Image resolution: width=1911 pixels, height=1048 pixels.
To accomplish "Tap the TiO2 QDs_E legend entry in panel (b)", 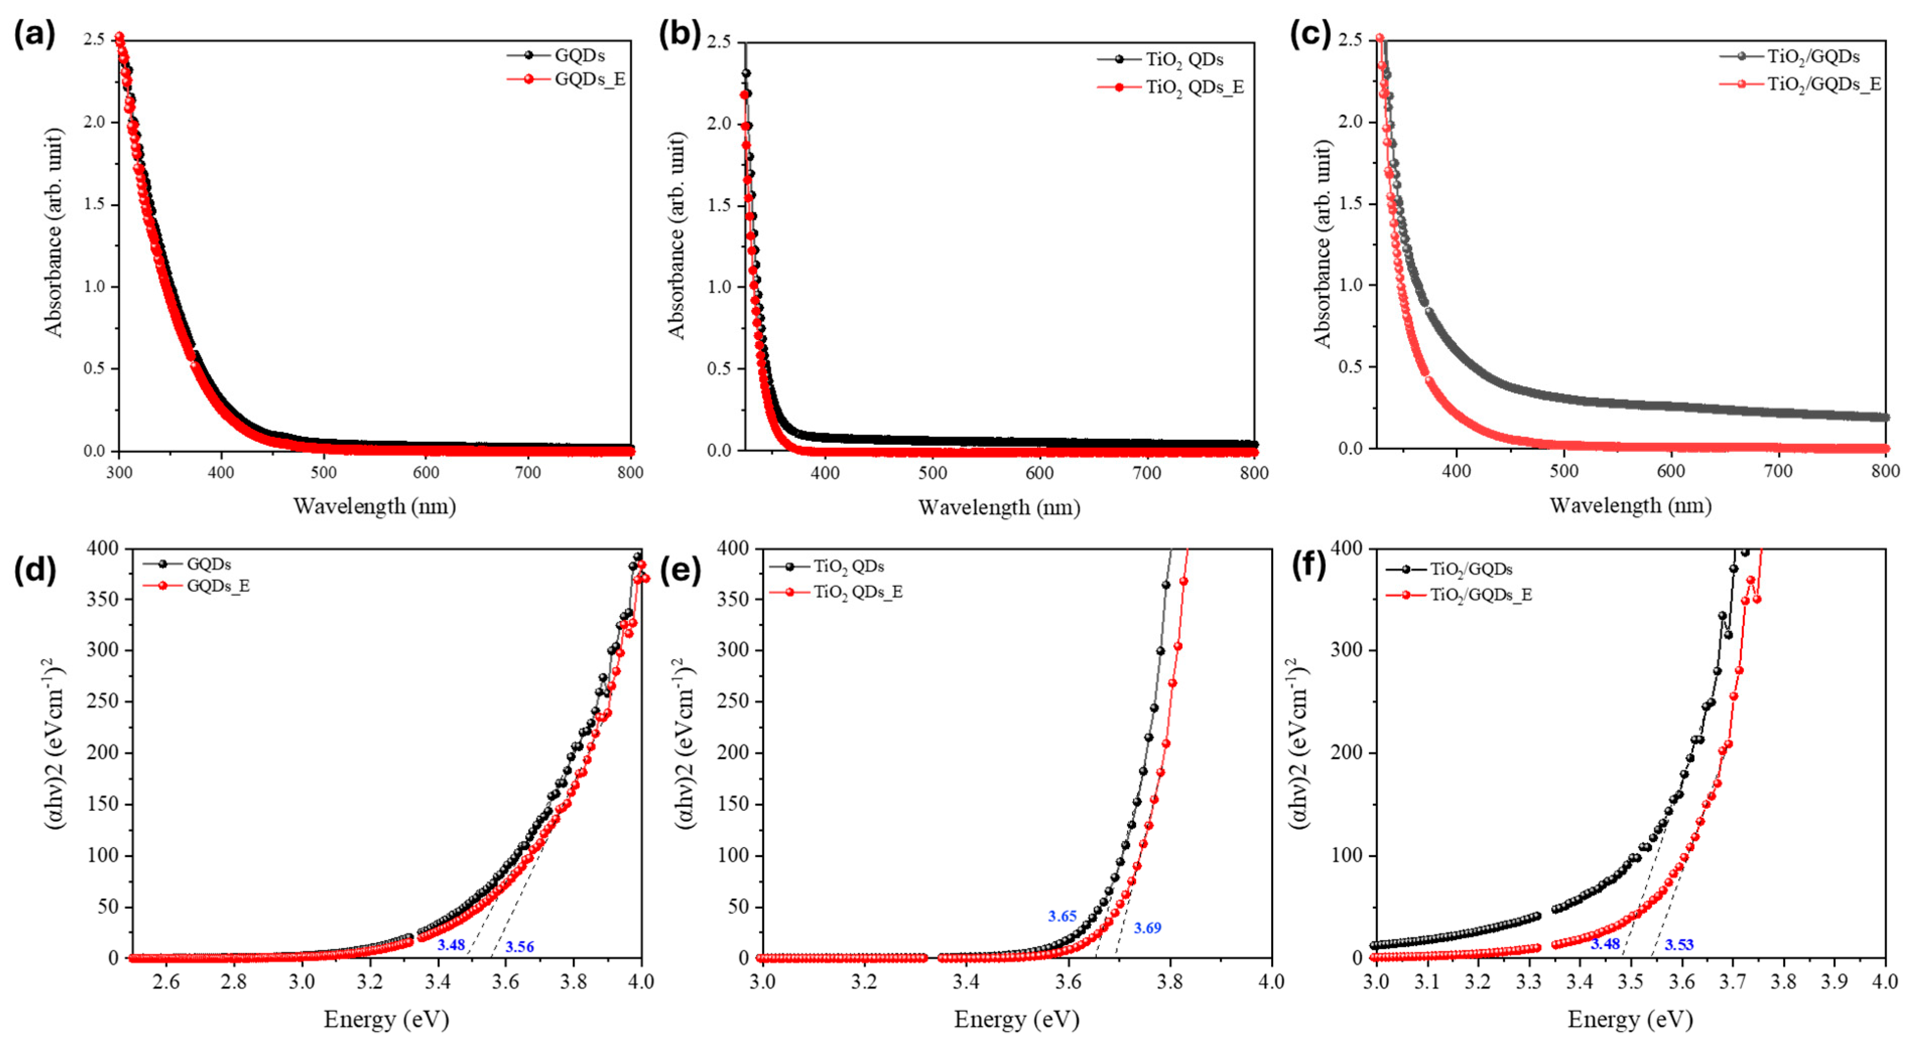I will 1195,88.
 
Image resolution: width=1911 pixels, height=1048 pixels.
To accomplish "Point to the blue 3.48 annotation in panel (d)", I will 451,945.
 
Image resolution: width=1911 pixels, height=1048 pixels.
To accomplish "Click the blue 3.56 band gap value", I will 519,946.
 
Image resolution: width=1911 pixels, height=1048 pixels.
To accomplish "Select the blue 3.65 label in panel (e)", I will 1062,916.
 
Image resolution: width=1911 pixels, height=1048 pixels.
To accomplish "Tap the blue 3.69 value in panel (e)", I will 1147,928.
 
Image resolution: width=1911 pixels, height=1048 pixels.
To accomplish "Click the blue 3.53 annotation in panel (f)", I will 1679,945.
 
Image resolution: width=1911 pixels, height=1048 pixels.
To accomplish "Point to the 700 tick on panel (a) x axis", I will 528,473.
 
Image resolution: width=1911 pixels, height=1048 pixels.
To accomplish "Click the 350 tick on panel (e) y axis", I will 733,599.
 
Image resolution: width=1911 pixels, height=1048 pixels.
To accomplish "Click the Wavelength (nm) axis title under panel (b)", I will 999,507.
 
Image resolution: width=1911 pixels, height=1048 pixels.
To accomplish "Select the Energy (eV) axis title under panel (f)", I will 1630,1020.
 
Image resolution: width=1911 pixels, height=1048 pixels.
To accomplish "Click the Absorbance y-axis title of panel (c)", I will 1323,245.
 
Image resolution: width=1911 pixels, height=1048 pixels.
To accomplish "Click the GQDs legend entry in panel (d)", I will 209,564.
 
